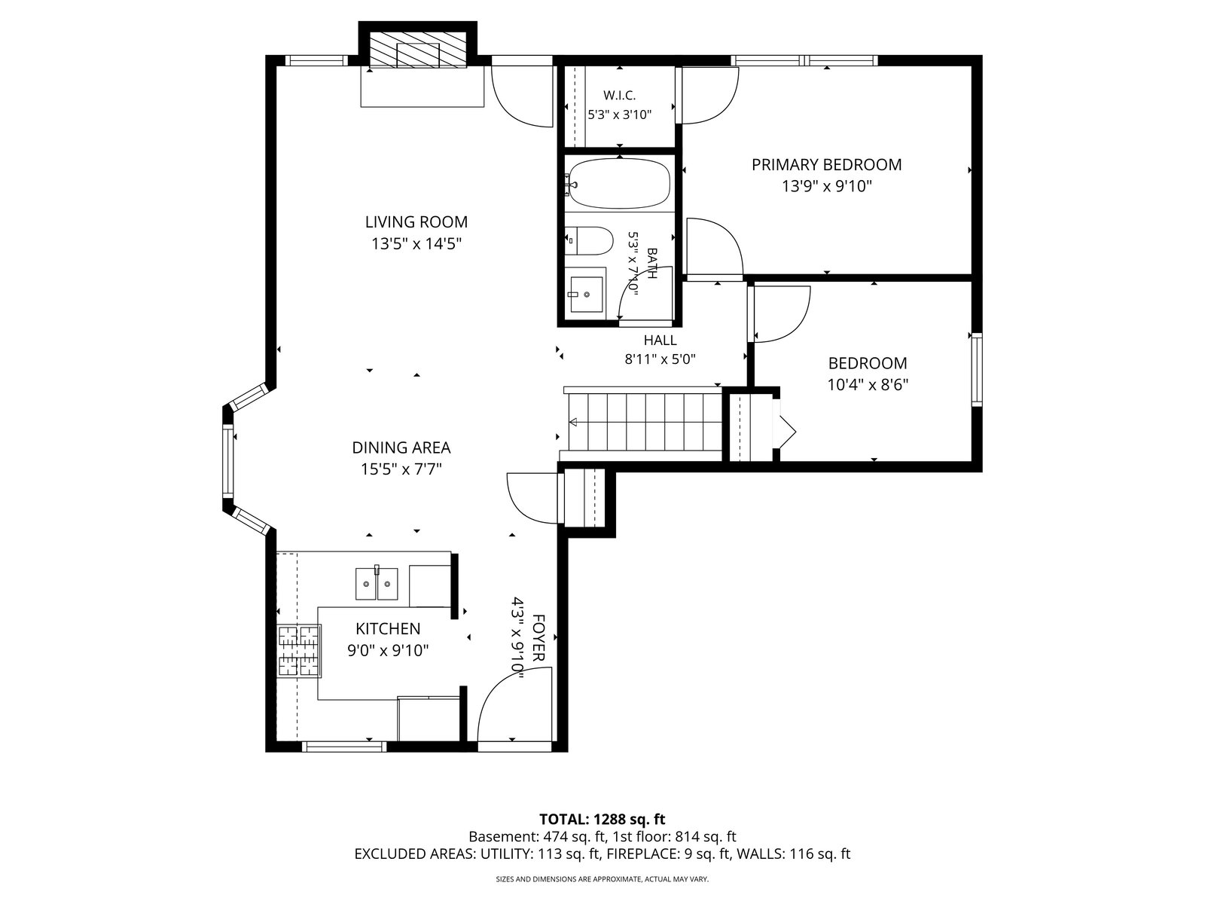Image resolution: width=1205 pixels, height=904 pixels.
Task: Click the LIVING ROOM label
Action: (x=416, y=221)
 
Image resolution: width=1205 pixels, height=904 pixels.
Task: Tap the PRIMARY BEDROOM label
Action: (x=826, y=165)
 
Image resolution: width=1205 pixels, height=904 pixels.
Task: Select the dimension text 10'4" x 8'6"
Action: (x=868, y=385)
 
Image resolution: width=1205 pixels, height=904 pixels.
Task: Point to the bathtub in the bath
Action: (x=619, y=183)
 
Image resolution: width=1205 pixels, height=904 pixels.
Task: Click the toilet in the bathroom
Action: (x=588, y=241)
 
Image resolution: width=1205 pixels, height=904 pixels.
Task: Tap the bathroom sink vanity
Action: (x=585, y=294)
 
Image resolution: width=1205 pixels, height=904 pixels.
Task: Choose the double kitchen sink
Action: (x=376, y=583)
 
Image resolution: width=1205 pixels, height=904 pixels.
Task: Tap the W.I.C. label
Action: (x=619, y=96)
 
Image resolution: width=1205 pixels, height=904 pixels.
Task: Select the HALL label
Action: (x=660, y=341)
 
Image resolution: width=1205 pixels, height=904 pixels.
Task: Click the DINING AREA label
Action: (x=401, y=448)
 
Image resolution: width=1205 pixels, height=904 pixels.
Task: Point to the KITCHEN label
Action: (x=388, y=628)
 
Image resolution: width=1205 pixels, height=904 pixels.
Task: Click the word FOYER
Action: (x=538, y=638)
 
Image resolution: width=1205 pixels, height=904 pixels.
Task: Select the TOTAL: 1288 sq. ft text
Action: (x=602, y=820)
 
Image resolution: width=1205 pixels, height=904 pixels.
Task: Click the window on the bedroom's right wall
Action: (x=977, y=369)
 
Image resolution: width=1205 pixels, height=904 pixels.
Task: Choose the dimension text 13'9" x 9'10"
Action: (x=827, y=187)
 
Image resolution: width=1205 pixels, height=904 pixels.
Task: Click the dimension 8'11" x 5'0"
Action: (x=660, y=359)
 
